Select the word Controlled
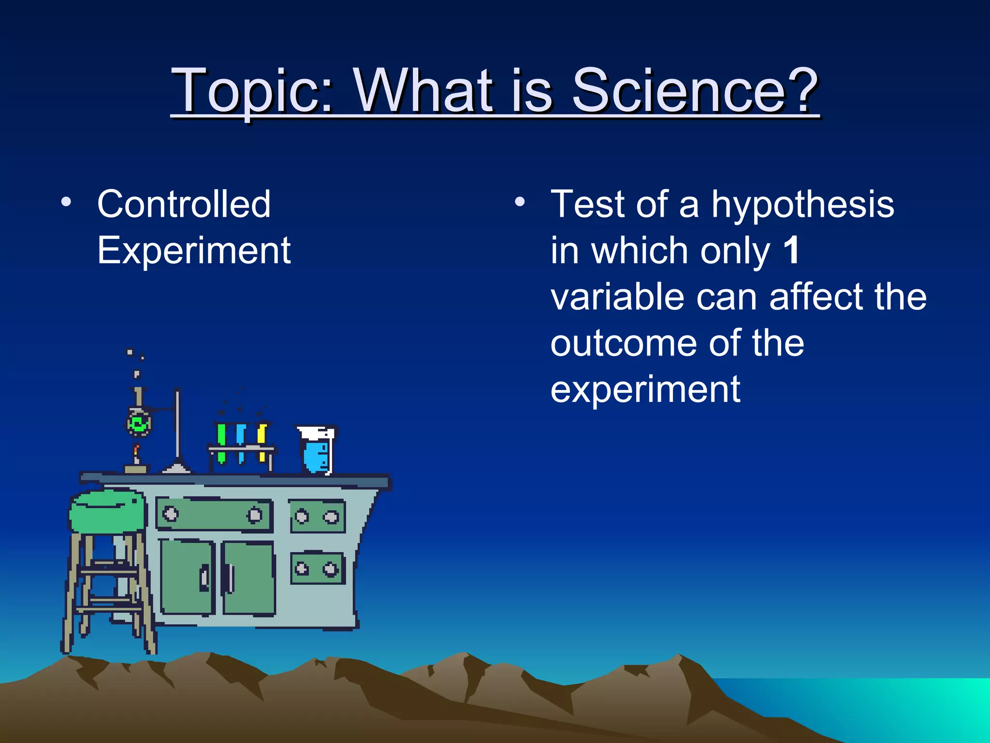[x=184, y=204]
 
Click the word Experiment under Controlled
[x=193, y=251]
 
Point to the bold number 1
[x=791, y=251]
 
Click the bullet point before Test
[x=519, y=202]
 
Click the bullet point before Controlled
[x=66, y=202]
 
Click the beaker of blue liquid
[x=317, y=452]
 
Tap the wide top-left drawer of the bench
[x=214, y=515]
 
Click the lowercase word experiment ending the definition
[x=645, y=389]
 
